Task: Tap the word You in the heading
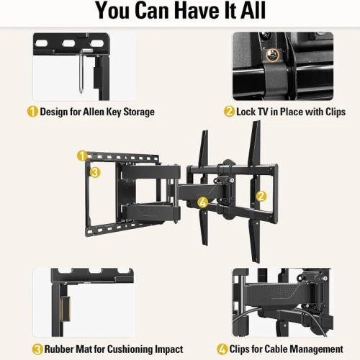click(117, 12)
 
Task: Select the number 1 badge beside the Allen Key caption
click(32, 112)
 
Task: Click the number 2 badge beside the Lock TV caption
click(230, 112)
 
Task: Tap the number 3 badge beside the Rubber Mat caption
click(32, 349)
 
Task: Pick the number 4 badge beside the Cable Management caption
click(223, 349)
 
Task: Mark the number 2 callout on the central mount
click(261, 194)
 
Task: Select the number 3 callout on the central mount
click(94, 172)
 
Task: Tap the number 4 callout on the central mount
click(203, 204)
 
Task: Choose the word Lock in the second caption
click(248, 112)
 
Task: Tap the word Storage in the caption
click(138, 112)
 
